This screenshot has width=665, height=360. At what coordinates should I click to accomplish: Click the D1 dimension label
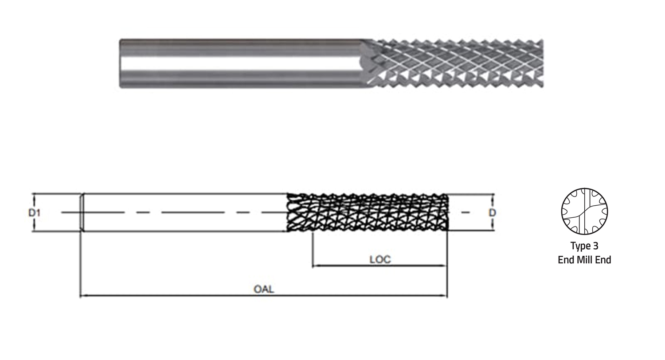point(34,212)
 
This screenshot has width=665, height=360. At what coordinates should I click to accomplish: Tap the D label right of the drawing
point(492,212)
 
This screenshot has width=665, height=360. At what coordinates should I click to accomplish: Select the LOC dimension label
point(380,259)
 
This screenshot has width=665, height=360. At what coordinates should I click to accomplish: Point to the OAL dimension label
point(264,289)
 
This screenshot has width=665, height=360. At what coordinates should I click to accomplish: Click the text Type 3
point(584,246)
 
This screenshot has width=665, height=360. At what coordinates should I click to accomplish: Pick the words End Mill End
point(584,260)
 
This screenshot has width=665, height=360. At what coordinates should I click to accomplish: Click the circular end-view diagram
point(584,211)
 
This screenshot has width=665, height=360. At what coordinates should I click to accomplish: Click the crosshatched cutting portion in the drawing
point(368,212)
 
